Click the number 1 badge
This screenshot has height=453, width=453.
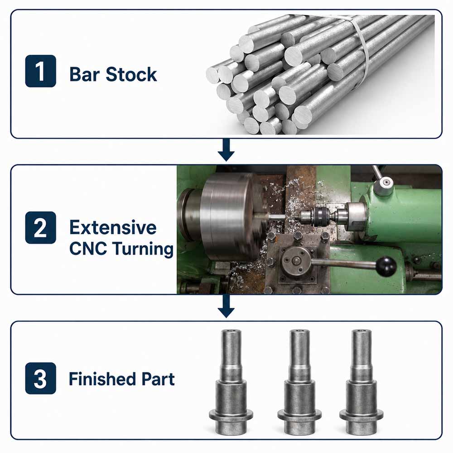tap(40, 71)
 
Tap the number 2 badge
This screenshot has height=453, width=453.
tap(40, 228)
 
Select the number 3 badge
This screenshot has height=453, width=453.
tap(40, 378)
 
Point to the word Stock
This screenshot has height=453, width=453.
tap(131, 74)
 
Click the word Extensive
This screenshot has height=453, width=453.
tap(113, 227)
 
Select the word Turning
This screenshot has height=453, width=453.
tap(143, 249)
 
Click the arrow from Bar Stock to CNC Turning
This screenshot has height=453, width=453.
tap(226, 150)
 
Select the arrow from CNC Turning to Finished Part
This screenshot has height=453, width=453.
tap(226, 306)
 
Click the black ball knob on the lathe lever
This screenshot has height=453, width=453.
tap(386, 266)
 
